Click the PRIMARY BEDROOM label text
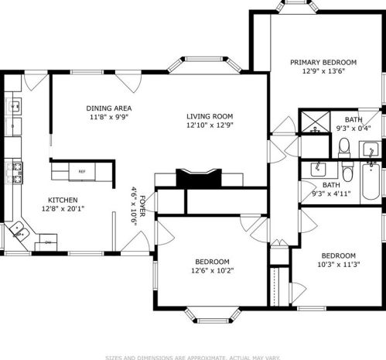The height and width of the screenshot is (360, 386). [x=323, y=62]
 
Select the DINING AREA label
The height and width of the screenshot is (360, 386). [x=110, y=108]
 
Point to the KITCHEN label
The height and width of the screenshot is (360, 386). [x=62, y=199]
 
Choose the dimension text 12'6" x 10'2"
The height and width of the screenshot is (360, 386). [x=194, y=271]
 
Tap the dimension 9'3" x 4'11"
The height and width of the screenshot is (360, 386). [x=331, y=194]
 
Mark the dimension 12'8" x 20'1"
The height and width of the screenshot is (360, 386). [x=62, y=208]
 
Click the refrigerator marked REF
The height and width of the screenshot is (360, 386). [x=82, y=172]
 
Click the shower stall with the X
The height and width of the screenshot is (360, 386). [x=313, y=121]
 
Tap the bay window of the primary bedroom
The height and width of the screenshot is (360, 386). [x=296, y=6]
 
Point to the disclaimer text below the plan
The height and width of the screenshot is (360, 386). [x=193, y=356]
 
